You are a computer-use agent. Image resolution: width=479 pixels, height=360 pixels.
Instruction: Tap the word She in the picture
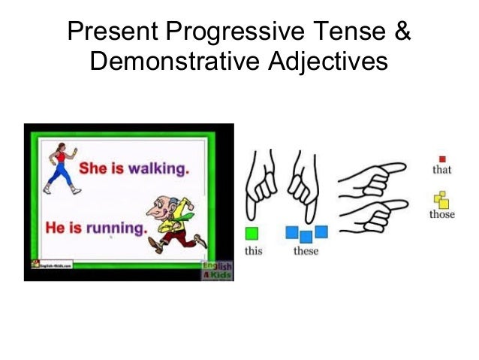93,168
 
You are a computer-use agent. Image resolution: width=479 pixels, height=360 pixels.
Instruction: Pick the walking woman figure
60,168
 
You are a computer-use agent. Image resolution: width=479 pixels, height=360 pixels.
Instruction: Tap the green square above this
253,233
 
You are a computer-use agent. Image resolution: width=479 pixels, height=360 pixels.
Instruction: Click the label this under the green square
254,250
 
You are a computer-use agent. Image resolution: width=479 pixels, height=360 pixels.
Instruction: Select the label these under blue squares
306,250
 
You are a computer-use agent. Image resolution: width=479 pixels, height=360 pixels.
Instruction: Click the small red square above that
442,159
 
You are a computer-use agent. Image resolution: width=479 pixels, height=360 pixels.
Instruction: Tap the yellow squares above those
442,199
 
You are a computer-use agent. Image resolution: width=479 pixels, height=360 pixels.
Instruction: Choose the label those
442,214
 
